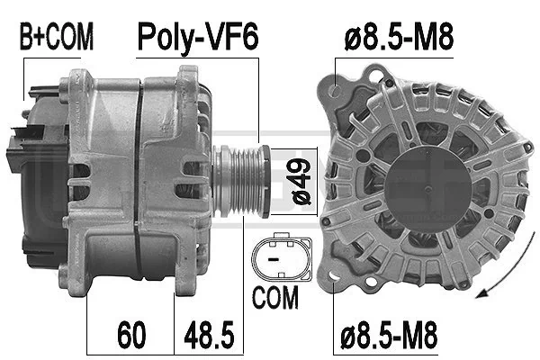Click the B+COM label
[x=57, y=36]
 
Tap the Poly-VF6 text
[x=198, y=37]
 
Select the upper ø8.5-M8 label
[x=399, y=36]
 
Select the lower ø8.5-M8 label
[x=389, y=334]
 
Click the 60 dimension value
[x=131, y=335]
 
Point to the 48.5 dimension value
[x=209, y=335]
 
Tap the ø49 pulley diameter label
[x=301, y=182]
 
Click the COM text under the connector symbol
[x=275, y=297]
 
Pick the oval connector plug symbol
[x=282, y=257]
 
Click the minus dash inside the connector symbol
[x=273, y=258]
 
